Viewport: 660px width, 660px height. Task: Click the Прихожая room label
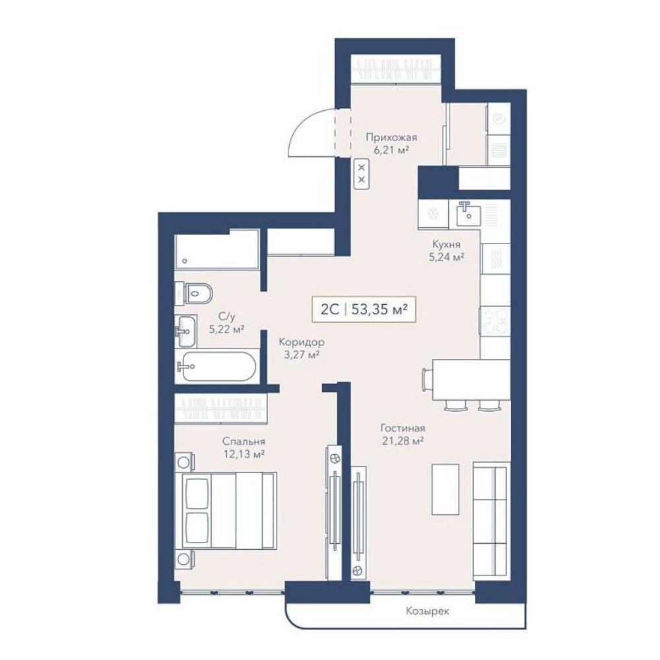(391, 138)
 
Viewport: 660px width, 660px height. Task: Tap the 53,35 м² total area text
(379, 310)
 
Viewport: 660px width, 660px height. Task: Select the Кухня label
(446, 244)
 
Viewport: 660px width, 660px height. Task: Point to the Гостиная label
(403, 428)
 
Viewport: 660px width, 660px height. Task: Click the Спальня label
(244, 442)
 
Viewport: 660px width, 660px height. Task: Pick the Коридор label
(302, 342)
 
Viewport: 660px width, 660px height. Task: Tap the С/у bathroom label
(227, 316)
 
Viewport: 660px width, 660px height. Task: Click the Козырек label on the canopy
(427, 611)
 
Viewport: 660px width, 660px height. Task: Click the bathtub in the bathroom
(216, 366)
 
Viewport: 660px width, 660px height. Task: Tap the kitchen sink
(468, 213)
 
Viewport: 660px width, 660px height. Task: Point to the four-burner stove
(495, 322)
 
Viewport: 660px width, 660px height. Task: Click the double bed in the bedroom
(229, 511)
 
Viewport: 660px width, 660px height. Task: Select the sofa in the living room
(491, 521)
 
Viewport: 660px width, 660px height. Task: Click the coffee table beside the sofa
(445, 490)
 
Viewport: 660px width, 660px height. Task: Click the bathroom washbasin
(185, 331)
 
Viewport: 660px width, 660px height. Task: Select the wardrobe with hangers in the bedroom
(221, 409)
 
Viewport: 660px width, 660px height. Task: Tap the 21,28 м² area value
(402, 441)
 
